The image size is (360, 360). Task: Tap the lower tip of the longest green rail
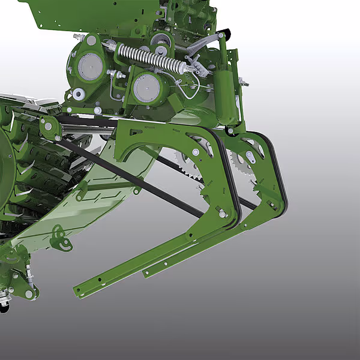pos(78,292)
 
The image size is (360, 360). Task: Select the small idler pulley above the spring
pos(160,41)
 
